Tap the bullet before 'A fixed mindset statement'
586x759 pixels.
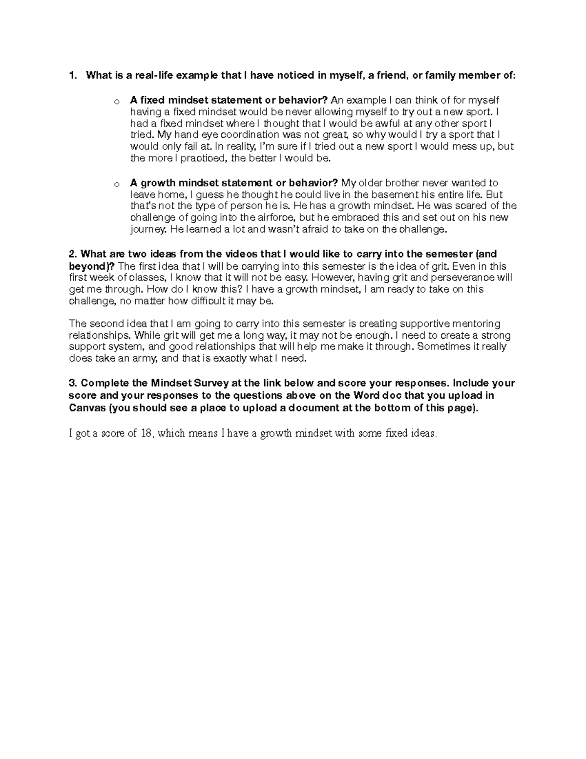click(x=116, y=102)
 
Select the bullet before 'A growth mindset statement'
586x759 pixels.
click(x=116, y=185)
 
